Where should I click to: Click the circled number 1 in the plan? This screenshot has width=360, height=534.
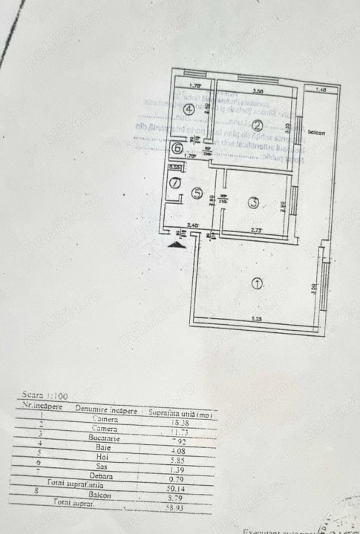pyautogui.click(x=258, y=282)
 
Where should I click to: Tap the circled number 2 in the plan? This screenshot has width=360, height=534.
pyautogui.click(x=257, y=124)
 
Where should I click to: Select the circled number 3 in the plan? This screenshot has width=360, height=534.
pyautogui.click(x=253, y=202)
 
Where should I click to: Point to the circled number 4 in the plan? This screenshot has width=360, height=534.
pyautogui.click(x=189, y=109)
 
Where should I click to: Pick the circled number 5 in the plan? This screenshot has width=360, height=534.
pyautogui.click(x=197, y=194)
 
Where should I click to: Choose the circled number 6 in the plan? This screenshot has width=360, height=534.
pyautogui.click(x=177, y=148)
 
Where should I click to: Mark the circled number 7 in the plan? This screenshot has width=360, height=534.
pyautogui.click(x=176, y=182)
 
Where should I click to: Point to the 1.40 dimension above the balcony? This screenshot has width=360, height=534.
pyautogui.click(x=320, y=90)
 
